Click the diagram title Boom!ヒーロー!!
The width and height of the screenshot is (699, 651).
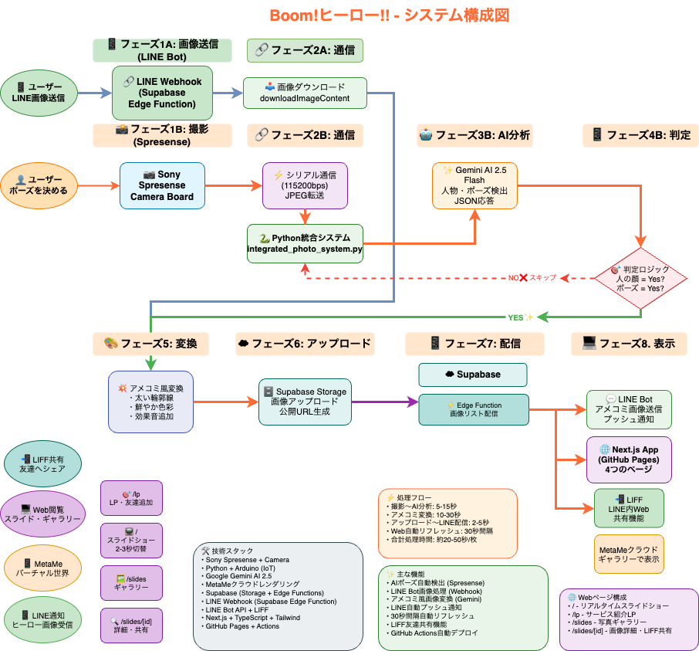(x=389, y=15)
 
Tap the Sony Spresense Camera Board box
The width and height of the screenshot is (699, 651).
(x=162, y=185)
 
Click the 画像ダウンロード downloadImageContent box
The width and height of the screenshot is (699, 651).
(x=305, y=93)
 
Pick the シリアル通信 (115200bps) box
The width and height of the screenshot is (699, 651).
(x=305, y=185)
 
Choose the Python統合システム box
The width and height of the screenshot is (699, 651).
(x=305, y=243)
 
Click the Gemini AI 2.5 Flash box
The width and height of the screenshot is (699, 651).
(x=474, y=185)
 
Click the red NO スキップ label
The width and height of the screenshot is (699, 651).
(x=532, y=277)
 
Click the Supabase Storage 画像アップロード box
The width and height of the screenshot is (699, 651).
(x=305, y=402)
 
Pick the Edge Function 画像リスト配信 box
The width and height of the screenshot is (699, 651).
(x=474, y=409)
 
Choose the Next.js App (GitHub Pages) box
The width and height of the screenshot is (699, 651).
(x=629, y=459)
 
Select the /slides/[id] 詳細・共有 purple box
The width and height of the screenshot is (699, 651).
(x=132, y=626)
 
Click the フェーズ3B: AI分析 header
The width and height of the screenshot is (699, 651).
(x=474, y=135)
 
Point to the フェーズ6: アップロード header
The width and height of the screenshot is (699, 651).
(x=305, y=344)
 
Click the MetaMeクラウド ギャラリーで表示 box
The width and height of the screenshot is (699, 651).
(x=629, y=554)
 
